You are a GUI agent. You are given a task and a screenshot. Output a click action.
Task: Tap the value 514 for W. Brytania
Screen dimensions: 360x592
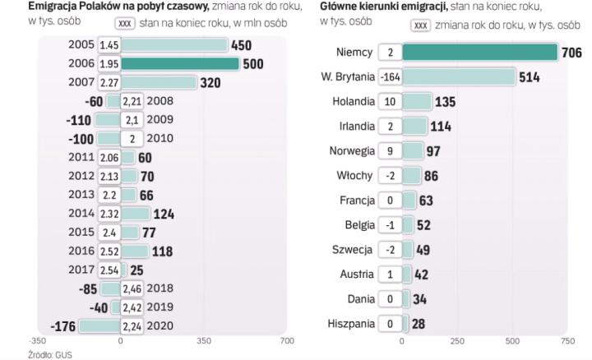(530, 77)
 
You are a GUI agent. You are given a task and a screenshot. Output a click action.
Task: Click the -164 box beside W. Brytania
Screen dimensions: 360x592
(390, 77)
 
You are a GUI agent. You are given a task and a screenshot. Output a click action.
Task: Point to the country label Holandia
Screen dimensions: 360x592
(354, 102)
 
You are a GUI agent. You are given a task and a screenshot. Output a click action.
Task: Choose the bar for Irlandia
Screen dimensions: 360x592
(415, 127)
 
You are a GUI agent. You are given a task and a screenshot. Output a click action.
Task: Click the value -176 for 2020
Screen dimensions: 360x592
(63, 326)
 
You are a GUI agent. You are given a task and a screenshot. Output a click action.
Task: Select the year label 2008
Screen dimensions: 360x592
(160, 101)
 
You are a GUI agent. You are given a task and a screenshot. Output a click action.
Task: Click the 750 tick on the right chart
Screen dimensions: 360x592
(567, 339)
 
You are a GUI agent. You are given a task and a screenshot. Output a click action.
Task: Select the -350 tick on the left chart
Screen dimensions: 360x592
(37, 339)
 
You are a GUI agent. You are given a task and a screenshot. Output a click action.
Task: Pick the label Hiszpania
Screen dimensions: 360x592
(351, 324)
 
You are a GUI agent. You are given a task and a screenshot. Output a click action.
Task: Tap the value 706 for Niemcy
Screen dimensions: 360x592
(571, 53)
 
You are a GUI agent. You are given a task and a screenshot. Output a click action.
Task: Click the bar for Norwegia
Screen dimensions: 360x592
(414, 151)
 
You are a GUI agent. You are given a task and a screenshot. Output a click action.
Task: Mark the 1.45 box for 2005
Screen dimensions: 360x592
(109, 44)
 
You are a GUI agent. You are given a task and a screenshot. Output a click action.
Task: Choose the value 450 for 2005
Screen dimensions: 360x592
(241, 44)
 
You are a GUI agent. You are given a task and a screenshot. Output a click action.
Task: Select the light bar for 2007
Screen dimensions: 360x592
(159, 82)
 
